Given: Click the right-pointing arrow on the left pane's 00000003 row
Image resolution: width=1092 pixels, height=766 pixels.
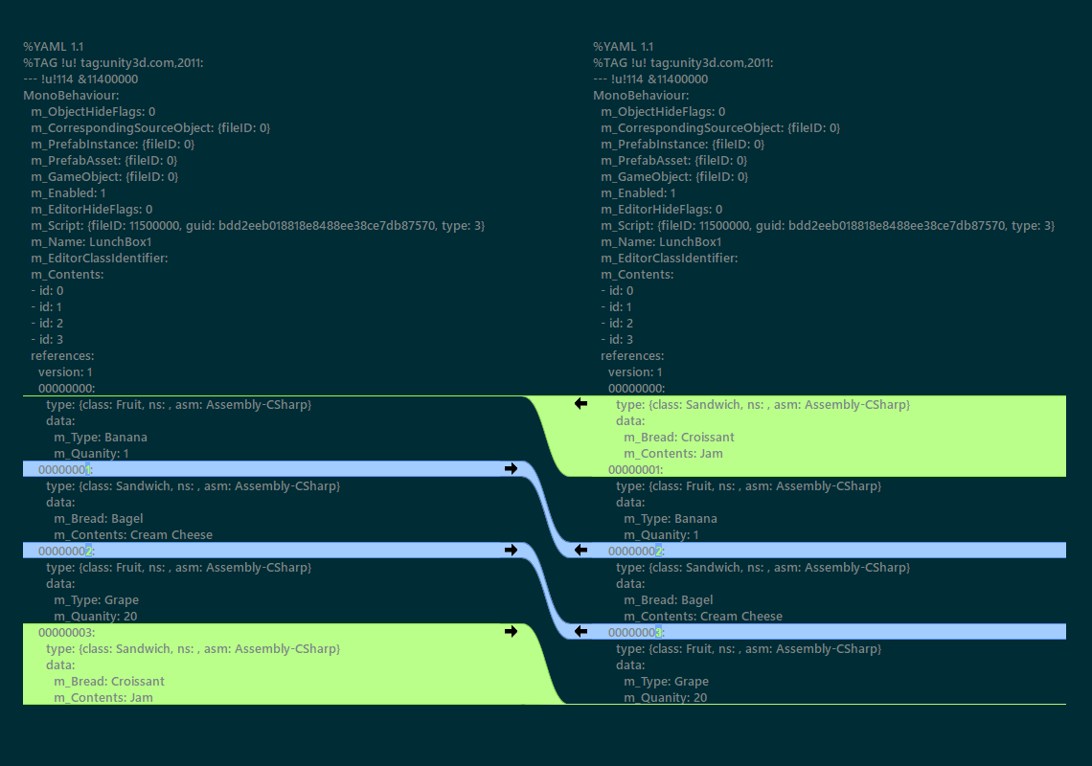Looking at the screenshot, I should tap(511, 632).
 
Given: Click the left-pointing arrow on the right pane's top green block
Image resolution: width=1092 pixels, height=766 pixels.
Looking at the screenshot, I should tap(580, 404).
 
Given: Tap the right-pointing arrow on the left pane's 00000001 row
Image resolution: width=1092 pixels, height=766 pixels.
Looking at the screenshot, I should tap(511, 469).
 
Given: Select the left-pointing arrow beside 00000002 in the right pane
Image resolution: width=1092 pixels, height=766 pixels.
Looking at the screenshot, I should tap(580, 551).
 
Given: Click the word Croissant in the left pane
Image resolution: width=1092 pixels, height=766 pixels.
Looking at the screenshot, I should tap(137, 682).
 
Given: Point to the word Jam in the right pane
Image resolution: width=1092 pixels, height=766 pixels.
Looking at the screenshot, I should tap(711, 454).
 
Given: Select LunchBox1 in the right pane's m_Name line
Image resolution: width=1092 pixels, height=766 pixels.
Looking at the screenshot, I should tap(691, 242).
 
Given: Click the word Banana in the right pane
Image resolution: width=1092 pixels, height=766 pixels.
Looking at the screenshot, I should tap(696, 519).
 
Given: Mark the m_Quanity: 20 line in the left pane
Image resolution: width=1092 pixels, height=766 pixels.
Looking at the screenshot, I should tap(95, 617).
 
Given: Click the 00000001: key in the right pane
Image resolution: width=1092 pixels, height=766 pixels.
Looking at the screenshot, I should tap(635, 470).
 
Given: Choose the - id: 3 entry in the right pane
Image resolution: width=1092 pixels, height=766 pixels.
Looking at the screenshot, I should tap(617, 340).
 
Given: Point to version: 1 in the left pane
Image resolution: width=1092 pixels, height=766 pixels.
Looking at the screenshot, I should tap(65, 372).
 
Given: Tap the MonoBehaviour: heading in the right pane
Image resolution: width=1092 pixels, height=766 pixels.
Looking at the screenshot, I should tap(640, 96).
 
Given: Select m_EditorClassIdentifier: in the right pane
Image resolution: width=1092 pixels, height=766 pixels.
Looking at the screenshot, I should tap(669, 259).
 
